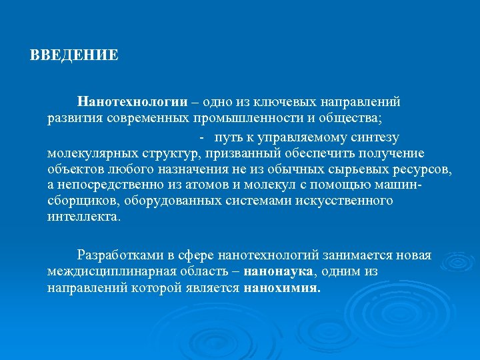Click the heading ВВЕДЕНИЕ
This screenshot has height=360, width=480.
click(74, 55)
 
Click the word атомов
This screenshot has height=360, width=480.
click(185, 185)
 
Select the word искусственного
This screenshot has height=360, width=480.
click(349, 201)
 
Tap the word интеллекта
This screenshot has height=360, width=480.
click(83, 217)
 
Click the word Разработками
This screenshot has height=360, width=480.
click(119, 255)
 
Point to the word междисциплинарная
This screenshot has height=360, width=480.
click(112, 271)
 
